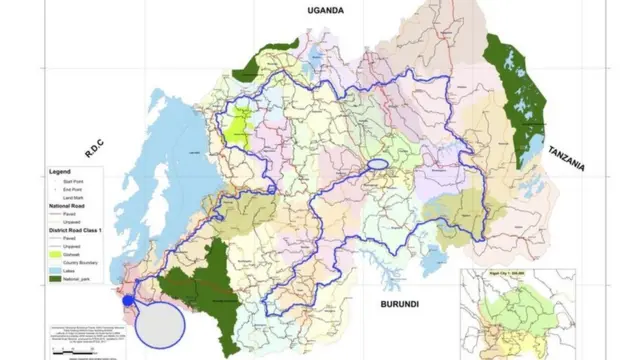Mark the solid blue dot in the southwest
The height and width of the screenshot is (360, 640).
click(128, 299)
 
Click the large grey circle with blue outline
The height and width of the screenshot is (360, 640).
click(160, 323)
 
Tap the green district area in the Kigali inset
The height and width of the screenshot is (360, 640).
click(520, 305)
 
